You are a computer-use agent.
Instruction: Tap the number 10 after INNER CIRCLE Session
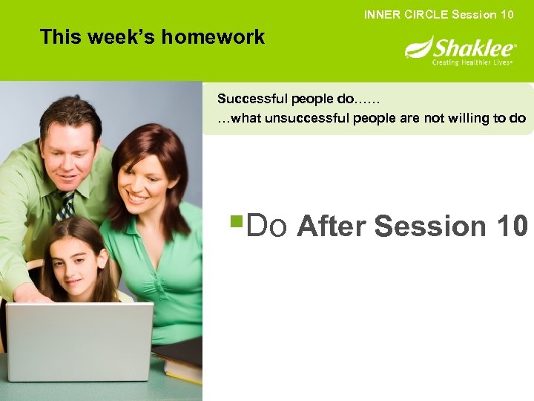click(506, 14)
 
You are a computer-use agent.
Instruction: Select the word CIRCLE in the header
click(422, 14)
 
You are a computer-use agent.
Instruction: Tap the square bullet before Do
click(236, 221)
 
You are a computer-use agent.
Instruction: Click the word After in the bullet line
click(332, 226)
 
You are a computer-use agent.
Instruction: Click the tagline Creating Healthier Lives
click(472, 63)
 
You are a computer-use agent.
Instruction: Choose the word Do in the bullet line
click(266, 226)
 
